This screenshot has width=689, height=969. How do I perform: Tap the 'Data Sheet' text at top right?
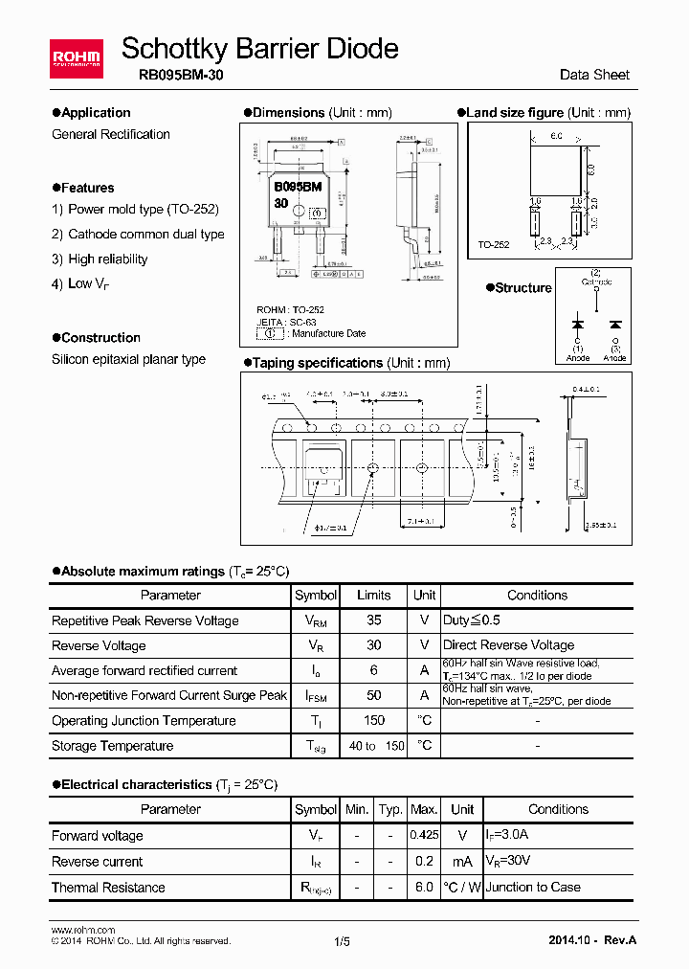point(594,75)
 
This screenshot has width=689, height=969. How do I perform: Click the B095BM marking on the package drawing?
point(298,188)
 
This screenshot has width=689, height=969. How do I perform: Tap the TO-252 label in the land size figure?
point(494,245)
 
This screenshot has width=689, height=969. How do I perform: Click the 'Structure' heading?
point(522,288)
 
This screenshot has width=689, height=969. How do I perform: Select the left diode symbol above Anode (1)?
point(578,323)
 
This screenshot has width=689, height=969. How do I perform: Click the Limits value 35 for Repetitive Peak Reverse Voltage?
point(374,620)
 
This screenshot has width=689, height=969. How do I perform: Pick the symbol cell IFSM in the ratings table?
point(316,696)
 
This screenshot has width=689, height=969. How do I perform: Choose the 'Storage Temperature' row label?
point(113,746)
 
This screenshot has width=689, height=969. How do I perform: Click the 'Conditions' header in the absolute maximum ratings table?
point(537,595)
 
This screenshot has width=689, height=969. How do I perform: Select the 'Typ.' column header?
point(390,810)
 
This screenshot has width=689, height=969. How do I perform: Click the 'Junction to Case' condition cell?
point(533,888)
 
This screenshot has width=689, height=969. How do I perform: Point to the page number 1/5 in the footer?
point(342,941)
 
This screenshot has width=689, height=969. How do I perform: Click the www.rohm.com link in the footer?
point(82,930)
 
